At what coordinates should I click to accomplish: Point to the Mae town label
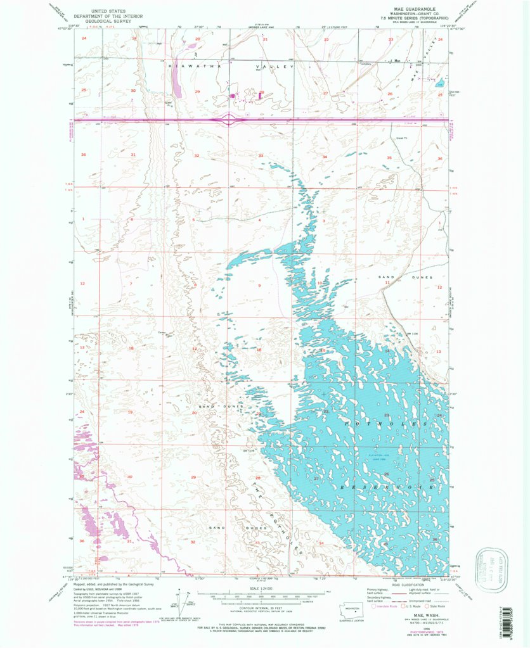[x=397, y=61]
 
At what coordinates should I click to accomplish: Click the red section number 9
[x=259, y=286]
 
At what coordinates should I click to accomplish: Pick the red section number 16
[x=259, y=350]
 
